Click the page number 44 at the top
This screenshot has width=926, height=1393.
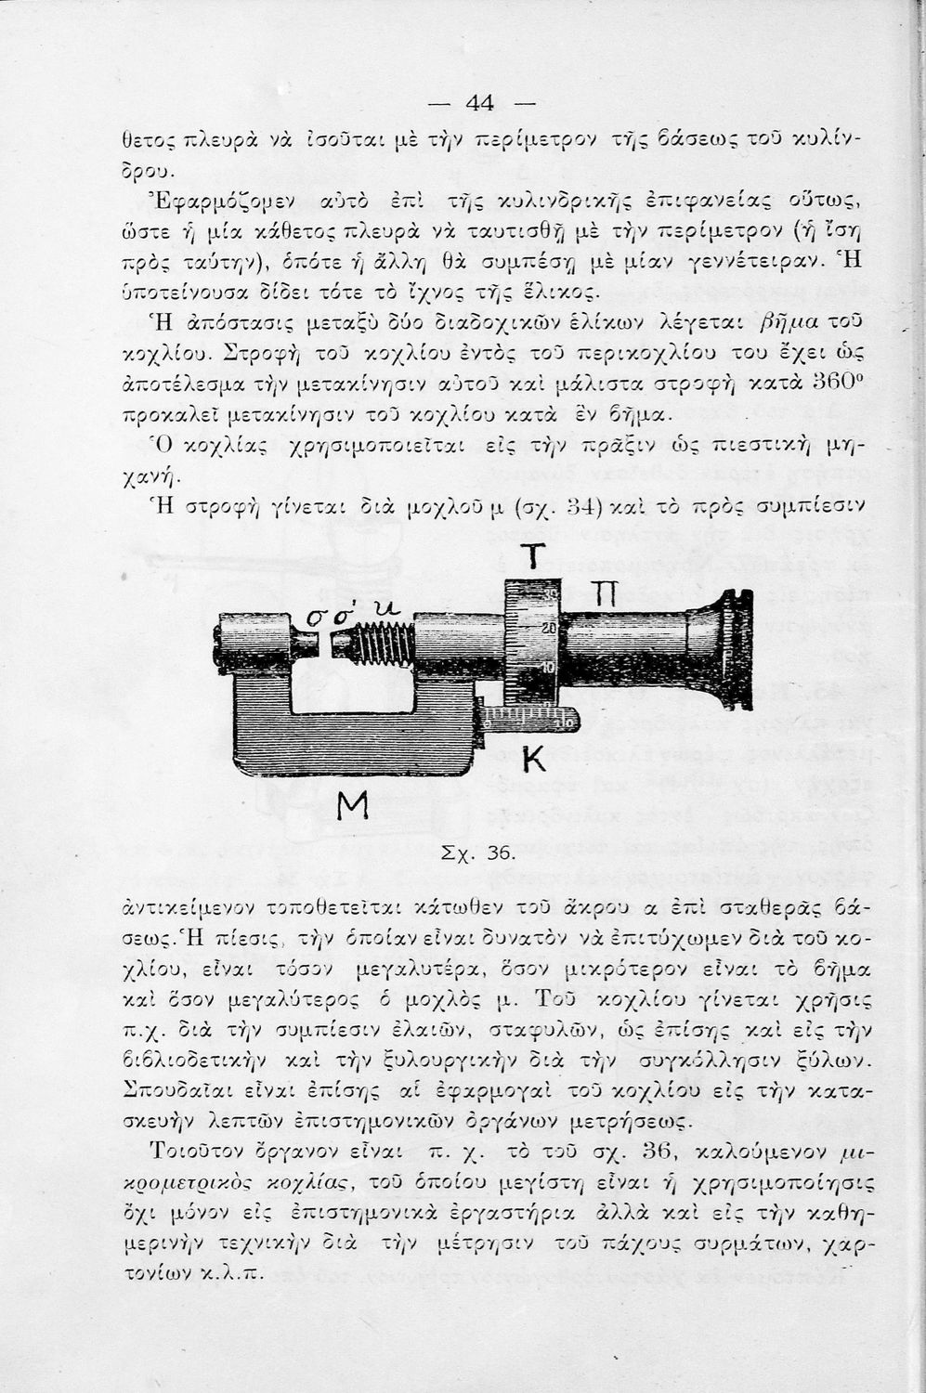(x=479, y=102)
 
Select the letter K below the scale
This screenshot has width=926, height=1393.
(x=532, y=760)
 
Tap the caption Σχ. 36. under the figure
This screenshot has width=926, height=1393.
(x=487, y=853)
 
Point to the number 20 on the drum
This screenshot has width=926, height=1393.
(x=548, y=629)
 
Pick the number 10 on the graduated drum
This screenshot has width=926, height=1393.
(x=548, y=668)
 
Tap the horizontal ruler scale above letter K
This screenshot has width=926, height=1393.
(x=526, y=714)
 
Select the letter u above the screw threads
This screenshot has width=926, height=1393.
(x=383, y=608)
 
